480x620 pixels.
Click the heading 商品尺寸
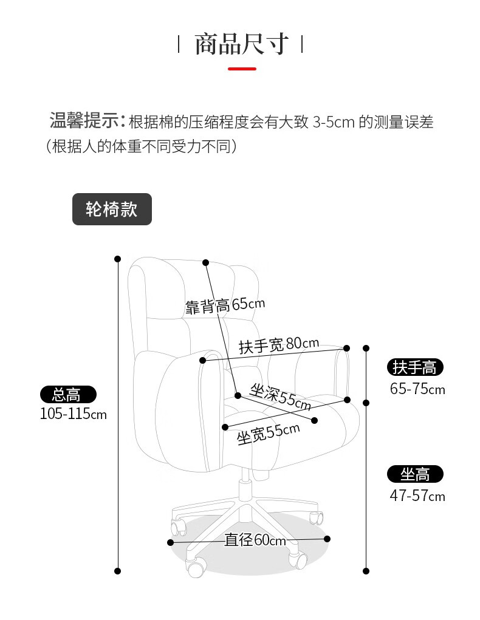(x=241, y=44)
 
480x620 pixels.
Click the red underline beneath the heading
(x=241, y=69)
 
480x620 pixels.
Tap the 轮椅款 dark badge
(x=112, y=210)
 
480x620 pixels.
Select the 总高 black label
(x=68, y=395)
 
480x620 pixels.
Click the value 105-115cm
(x=72, y=414)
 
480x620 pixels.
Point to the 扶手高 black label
(x=416, y=367)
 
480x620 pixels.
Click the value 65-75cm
(x=417, y=389)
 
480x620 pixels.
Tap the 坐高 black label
(x=416, y=474)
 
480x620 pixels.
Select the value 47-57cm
(x=417, y=496)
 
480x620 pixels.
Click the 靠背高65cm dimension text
(x=225, y=305)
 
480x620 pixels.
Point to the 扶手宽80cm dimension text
(x=278, y=346)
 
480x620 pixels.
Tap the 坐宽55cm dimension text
(x=268, y=433)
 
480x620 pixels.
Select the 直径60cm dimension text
(x=255, y=540)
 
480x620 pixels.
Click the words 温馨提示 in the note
(x=84, y=121)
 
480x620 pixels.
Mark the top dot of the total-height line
(x=118, y=259)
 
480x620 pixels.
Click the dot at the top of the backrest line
(x=206, y=263)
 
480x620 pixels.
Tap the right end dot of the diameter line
(x=327, y=539)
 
